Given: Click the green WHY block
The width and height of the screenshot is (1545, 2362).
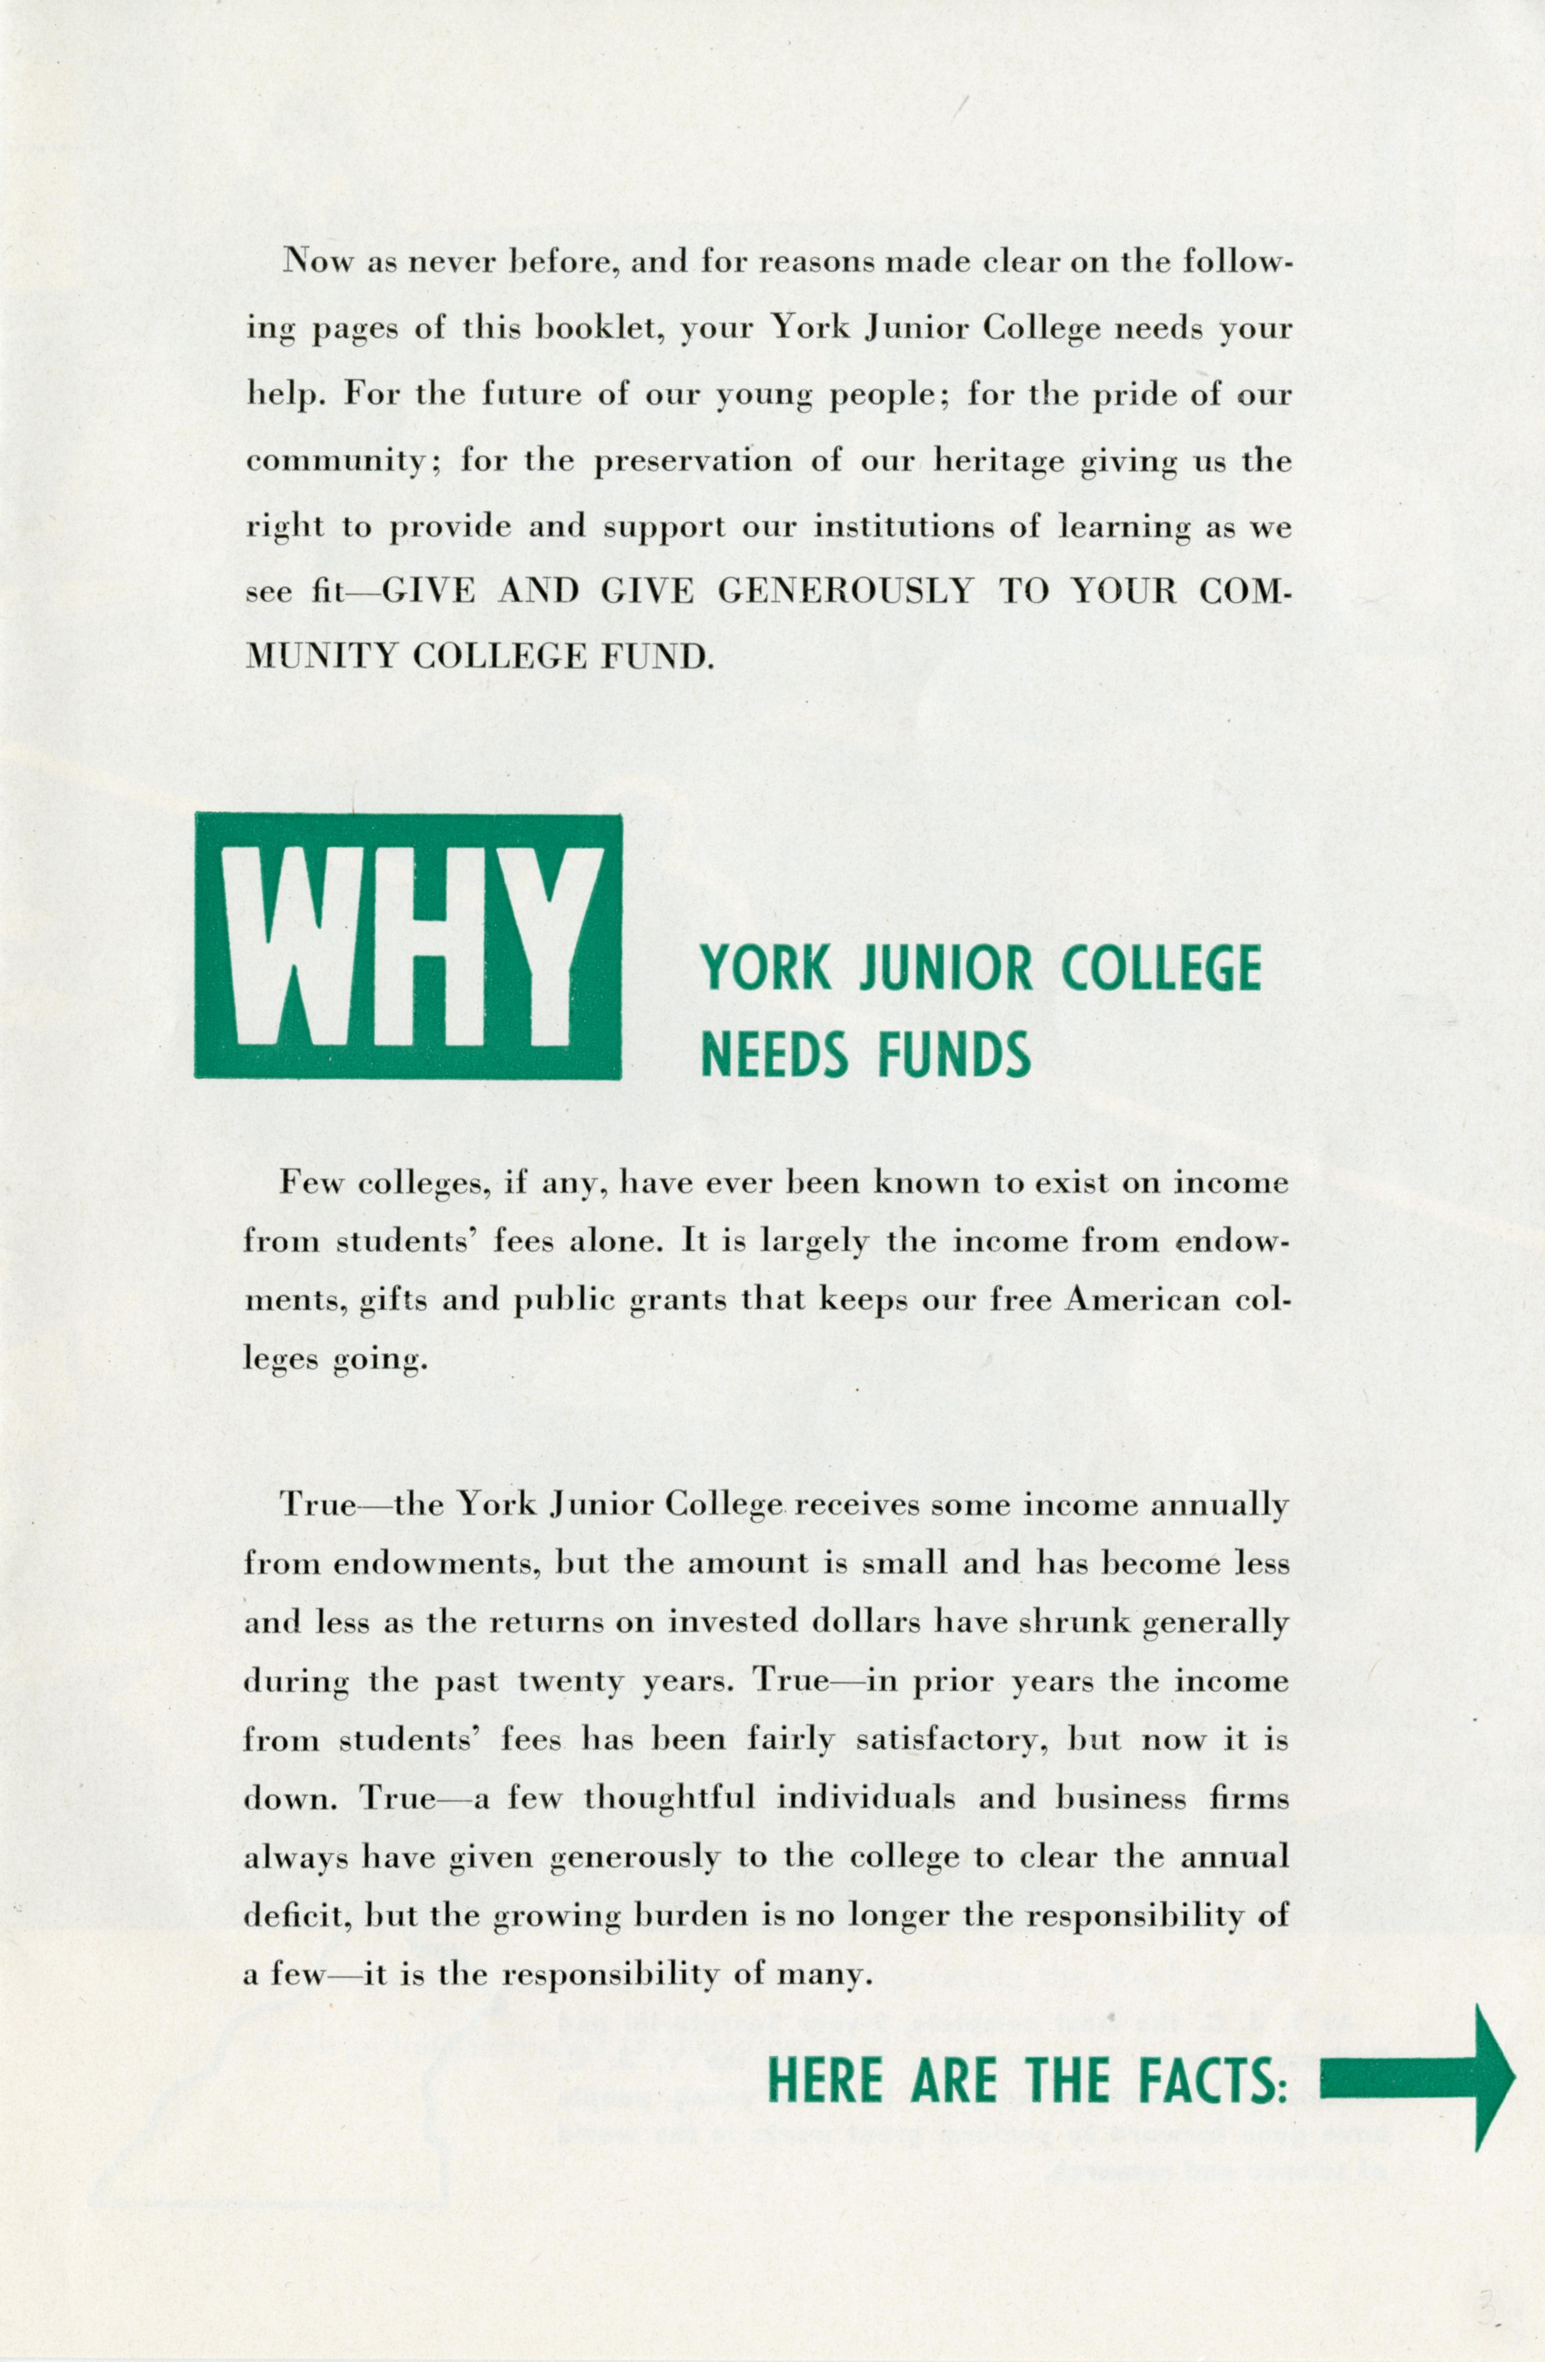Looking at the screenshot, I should (408, 946).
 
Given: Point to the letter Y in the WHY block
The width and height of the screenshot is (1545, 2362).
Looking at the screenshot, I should (542, 946).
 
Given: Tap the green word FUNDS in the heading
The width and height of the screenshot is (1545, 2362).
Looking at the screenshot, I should (952, 1055).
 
